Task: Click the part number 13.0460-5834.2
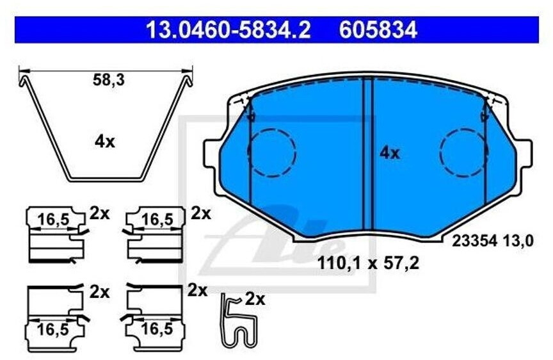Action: [228, 29]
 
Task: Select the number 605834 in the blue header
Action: [378, 29]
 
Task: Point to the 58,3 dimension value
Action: [109, 81]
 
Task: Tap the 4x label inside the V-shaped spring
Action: [104, 142]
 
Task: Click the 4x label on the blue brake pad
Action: [389, 153]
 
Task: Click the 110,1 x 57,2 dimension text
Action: [368, 263]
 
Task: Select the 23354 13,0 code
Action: [493, 241]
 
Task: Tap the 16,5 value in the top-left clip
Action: [53, 220]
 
